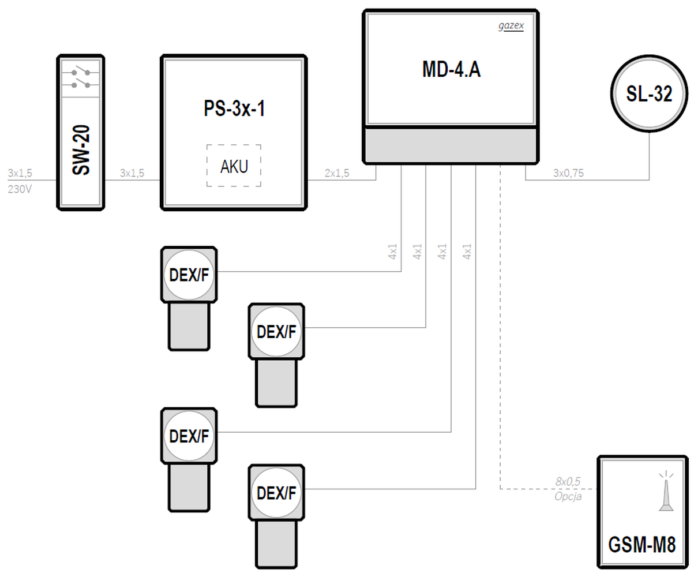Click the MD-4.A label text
[451, 70]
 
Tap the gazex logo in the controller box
[511, 26]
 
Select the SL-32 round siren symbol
[649, 93]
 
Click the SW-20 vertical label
[81, 150]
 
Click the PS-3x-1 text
[234, 108]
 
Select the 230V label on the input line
[20, 189]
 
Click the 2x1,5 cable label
[337, 173]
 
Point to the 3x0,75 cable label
[568, 173]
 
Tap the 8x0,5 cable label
[568, 481]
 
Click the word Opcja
[568, 496]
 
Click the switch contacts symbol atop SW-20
[81, 78]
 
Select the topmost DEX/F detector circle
[189, 275]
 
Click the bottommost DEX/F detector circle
[276, 492]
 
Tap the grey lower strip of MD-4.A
[451, 145]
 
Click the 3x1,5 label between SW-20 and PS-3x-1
[132, 173]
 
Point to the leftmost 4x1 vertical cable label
[392, 251]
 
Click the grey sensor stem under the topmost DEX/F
[189, 326]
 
